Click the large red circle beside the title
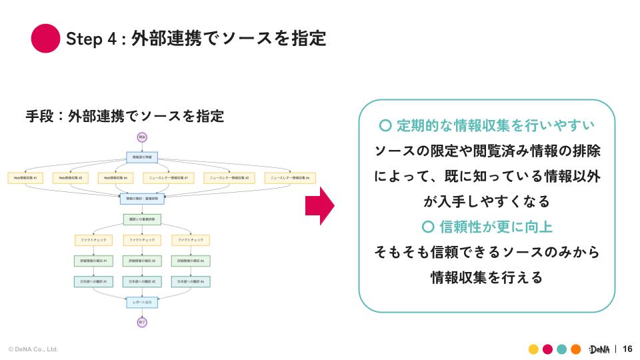[46, 38]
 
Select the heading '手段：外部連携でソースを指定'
[125, 115]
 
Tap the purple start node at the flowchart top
[142, 137]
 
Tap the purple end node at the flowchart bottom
[142, 322]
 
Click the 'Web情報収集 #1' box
[25, 178]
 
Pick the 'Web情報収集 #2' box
[70, 178]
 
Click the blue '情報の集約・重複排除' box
[142, 198]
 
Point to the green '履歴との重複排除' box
[142, 219]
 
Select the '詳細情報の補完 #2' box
[142, 261]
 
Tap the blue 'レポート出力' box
[142, 302]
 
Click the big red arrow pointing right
[319, 206]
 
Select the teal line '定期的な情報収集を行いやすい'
[487, 125]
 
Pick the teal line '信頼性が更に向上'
[487, 227]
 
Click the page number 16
[627, 349]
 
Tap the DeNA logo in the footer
[600, 349]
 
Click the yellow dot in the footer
[533, 349]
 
